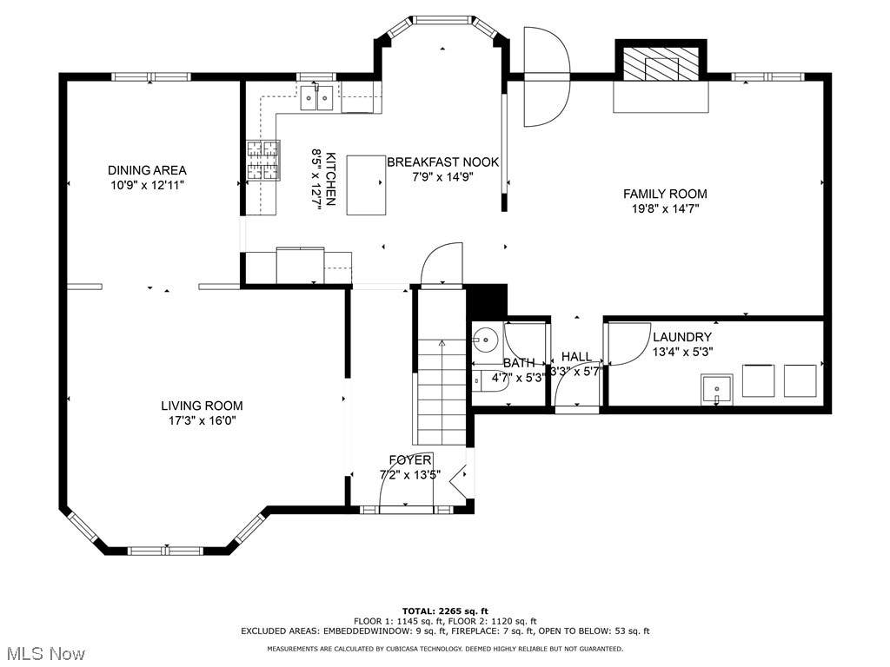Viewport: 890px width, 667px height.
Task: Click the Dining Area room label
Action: click(147, 170)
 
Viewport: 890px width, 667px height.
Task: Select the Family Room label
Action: click(665, 194)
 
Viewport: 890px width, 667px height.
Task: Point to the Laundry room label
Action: click(682, 337)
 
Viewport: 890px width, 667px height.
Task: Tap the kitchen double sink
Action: click(316, 97)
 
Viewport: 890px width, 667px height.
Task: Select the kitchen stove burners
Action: click(263, 161)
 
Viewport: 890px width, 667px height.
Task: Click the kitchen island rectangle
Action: click(366, 185)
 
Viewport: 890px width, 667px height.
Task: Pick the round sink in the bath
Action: click(485, 340)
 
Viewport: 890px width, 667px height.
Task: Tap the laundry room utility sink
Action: click(717, 390)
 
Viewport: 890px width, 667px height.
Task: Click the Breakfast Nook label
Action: click(442, 162)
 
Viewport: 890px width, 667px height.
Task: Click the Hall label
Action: click(577, 357)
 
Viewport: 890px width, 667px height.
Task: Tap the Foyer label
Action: click(410, 460)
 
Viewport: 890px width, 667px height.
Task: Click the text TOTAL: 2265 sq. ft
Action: click(445, 611)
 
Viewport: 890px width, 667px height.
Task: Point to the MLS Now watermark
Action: click(43, 653)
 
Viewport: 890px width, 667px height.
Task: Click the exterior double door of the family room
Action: click(546, 77)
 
